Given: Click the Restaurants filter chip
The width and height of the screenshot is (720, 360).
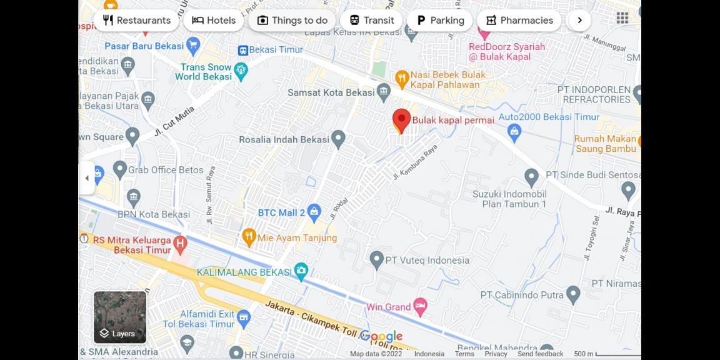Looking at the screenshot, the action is point(136,20).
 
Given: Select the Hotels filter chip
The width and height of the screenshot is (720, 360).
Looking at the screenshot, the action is point(214,20).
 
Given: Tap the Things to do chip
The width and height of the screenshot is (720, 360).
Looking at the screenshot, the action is point(292,20).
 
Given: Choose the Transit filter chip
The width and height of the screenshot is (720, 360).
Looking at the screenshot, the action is point(371,20).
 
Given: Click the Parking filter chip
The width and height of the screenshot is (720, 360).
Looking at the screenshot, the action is point(440,20).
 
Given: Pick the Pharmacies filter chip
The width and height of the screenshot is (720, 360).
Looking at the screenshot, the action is point(519,20).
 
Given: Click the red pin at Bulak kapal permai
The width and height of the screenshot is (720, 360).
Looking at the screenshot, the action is point(401,119).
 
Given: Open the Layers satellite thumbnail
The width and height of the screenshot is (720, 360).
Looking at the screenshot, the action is point(120,317).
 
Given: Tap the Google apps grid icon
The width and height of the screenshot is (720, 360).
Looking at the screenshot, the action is point(622,18).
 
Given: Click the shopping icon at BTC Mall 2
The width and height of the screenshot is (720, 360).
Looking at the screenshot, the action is point(314,212).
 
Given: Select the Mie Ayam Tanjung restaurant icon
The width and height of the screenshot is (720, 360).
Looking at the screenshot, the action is point(249,237).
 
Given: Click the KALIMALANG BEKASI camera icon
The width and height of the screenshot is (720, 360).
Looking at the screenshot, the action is point(301,272).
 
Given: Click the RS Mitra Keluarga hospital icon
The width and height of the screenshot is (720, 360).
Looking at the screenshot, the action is point(180,241).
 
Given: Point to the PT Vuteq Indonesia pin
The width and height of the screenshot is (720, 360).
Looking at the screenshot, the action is point(376,259).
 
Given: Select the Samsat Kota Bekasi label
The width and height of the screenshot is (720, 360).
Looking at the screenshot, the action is point(331,92).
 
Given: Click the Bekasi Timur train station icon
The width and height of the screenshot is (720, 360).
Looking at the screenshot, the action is point(243,50).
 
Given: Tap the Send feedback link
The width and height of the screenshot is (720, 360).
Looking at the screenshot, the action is point(540,354).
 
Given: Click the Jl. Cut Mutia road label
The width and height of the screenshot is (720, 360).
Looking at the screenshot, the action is point(174,121).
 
